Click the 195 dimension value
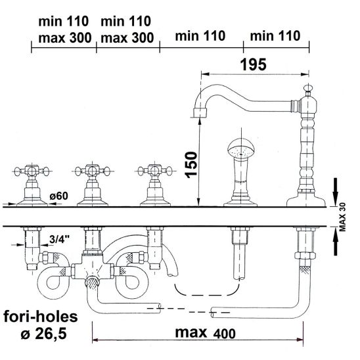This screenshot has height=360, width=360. point(253,64)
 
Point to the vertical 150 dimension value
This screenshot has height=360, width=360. point(191,165)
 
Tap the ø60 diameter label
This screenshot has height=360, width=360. point(58,196)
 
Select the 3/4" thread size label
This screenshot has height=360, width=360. point(60,240)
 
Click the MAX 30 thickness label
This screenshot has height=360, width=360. point(342,217)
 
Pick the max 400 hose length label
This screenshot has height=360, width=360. point(205,333)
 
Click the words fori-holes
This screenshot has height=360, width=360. point(41,317)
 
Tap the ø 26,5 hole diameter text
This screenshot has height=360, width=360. point(44,333)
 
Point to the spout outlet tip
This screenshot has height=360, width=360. point(200,113)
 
